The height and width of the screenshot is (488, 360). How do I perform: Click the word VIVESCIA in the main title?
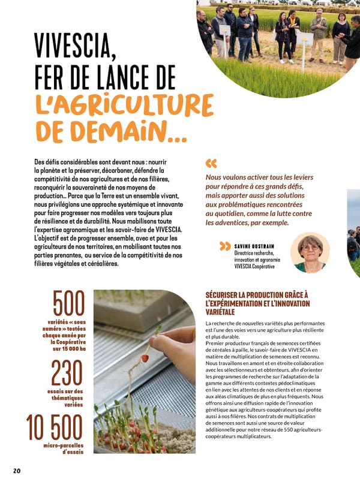tap(74, 45)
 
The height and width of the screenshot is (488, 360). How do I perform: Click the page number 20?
tap(16, 471)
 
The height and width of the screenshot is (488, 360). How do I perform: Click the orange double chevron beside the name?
tap(225, 246)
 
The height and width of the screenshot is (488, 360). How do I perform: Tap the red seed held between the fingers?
tap(145, 358)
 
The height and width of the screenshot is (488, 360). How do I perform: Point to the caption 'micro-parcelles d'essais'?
tap(63, 449)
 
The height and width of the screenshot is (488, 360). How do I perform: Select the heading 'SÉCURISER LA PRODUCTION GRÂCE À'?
tap(256, 295)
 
